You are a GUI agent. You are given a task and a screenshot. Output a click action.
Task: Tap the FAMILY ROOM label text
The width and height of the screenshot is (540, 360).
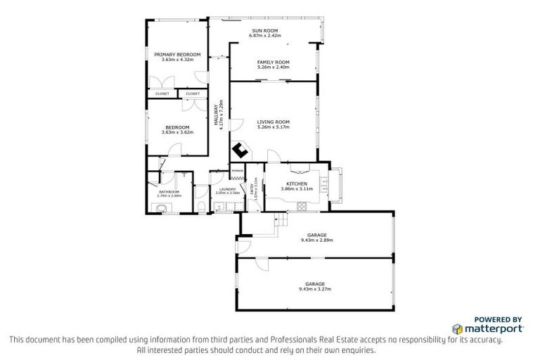click(x=274, y=63)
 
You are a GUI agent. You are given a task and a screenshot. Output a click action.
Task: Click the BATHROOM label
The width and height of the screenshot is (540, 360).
click(x=169, y=192)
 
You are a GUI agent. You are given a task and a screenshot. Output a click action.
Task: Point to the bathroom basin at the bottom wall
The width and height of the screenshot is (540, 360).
click(x=161, y=207)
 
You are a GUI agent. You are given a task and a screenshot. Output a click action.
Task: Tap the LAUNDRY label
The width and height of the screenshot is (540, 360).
click(x=226, y=189)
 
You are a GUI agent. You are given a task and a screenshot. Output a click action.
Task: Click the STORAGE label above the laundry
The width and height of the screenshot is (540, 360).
click(x=237, y=171)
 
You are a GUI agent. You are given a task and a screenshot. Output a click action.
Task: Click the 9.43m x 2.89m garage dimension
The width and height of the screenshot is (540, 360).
click(x=316, y=240)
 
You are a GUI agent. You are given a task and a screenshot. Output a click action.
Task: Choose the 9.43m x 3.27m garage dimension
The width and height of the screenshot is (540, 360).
click(x=314, y=288)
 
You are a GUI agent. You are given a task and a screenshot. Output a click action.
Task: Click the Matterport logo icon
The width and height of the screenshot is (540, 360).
click(x=458, y=328)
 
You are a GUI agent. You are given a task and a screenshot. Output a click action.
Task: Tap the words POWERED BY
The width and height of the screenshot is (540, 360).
click(x=498, y=319)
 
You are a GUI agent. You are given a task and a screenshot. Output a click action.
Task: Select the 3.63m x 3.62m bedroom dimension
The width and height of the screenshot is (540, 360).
click(x=176, y=132)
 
